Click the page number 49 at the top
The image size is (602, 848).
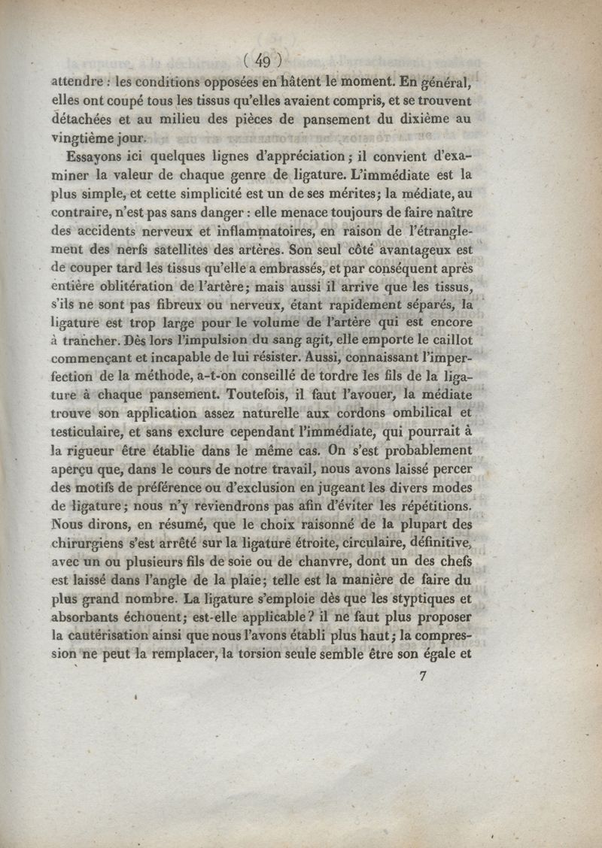(x=263, y=61)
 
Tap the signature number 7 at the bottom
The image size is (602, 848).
(x=424, y=676)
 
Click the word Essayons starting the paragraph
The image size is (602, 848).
(x=94, y=157)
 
